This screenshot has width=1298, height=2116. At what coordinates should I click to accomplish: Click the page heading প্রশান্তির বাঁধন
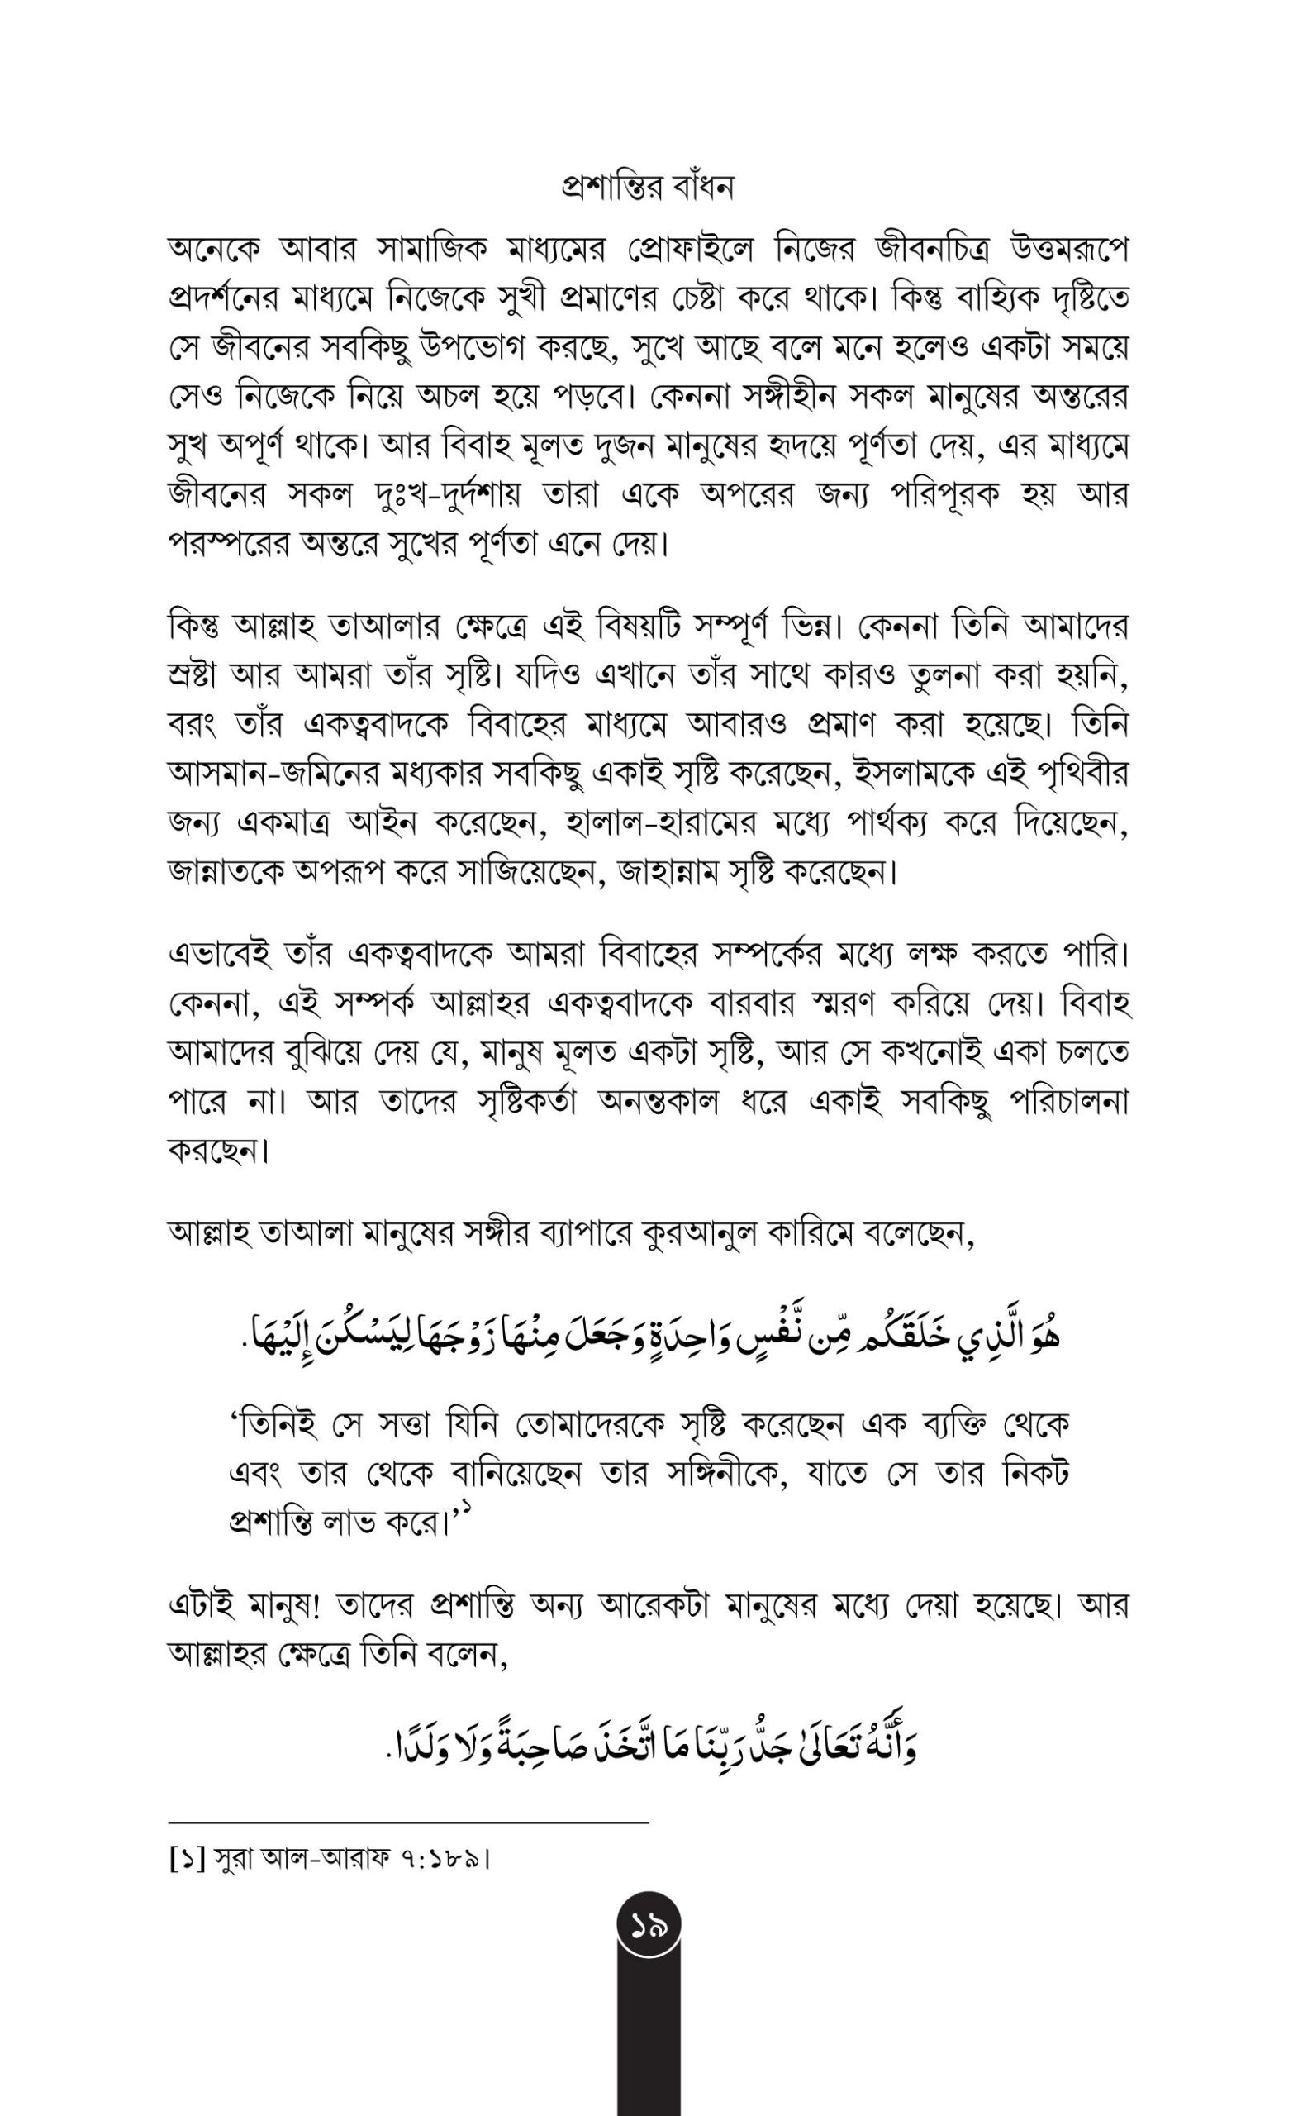[648, 187]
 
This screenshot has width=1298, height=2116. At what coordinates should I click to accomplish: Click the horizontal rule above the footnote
[408, 1822]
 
